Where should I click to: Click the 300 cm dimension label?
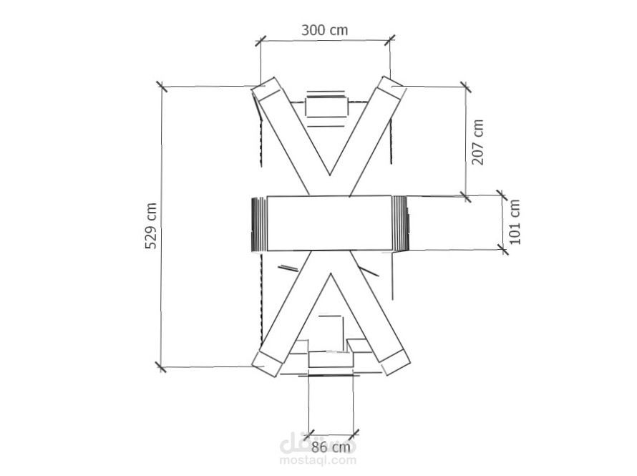tap(325, 30)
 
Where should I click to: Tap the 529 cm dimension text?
tap(151, 225)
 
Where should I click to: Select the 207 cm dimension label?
tap(478, 142)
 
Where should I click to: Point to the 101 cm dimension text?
tap(515, 222)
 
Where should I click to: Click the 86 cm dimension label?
tap(331, 447)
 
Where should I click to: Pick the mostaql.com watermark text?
tap(318, 460)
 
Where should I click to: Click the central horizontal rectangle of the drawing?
tap(329, 223)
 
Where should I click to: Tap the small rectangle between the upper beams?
tap(327, 107)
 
